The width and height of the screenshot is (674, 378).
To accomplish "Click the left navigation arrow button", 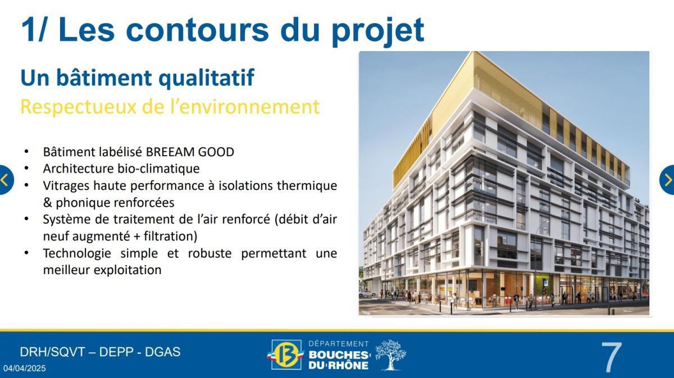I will pyautogui.click(x=5, y=180).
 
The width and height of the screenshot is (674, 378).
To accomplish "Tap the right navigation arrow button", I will pyautogui.click(x=668, y=180).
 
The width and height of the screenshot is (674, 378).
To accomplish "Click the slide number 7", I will pyautogui.click(x=612, y=357).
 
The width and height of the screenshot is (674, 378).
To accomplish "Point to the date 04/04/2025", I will pyautogui.click(x=25, y=369).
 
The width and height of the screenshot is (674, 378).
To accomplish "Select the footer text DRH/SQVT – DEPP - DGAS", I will pyautogui.click(x=100, y=352).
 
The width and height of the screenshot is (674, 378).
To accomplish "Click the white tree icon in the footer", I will pyautogui.click(x=390, y=355).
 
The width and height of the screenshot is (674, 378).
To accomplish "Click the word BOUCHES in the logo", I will pyautogui.click(x=338, y=355).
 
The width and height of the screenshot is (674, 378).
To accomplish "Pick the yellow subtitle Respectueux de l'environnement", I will pyautogui.click(x=170, y=106).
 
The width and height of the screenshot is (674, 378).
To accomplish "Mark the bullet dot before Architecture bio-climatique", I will pyautogui.click(x=26, y=168).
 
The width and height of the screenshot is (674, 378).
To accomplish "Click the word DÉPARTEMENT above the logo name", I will pyautogui.click(x=339, y=343).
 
